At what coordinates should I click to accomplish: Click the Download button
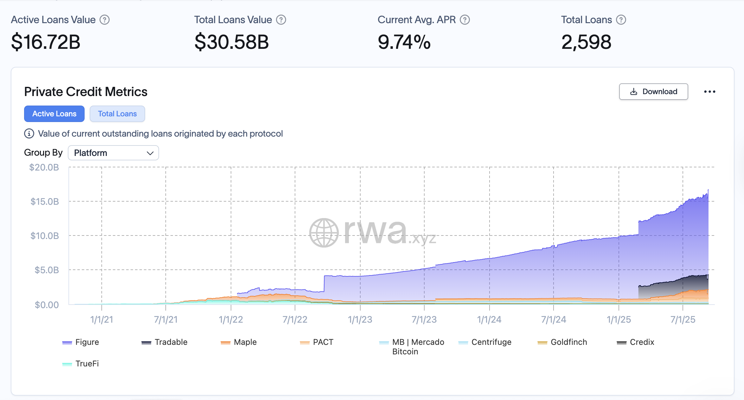[x=653, y=92]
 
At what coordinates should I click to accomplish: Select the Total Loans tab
[x=117, y=114]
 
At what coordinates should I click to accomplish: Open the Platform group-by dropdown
[x=113, y=153]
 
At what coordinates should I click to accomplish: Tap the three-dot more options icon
[x=709, y=92]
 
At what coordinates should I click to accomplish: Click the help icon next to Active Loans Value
[x=105, y=20]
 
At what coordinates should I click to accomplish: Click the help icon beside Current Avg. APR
[x=465, y=20]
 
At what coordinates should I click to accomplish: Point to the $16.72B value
[x=46, y=42]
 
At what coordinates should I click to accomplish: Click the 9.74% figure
[x=404, y=42]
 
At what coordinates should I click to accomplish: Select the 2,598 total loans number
[x=586, y=42]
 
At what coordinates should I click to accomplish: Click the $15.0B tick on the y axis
[x=45, y=202]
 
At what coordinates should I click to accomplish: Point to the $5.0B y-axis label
[x=47, y=270]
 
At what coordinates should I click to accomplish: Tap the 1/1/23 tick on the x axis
[x=360, y=319]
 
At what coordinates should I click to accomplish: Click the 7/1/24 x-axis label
[x=553, y=319]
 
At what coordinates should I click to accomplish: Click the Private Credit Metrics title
[x=86, y=92]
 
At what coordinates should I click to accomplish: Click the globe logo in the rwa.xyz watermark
[x=324, y=233]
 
